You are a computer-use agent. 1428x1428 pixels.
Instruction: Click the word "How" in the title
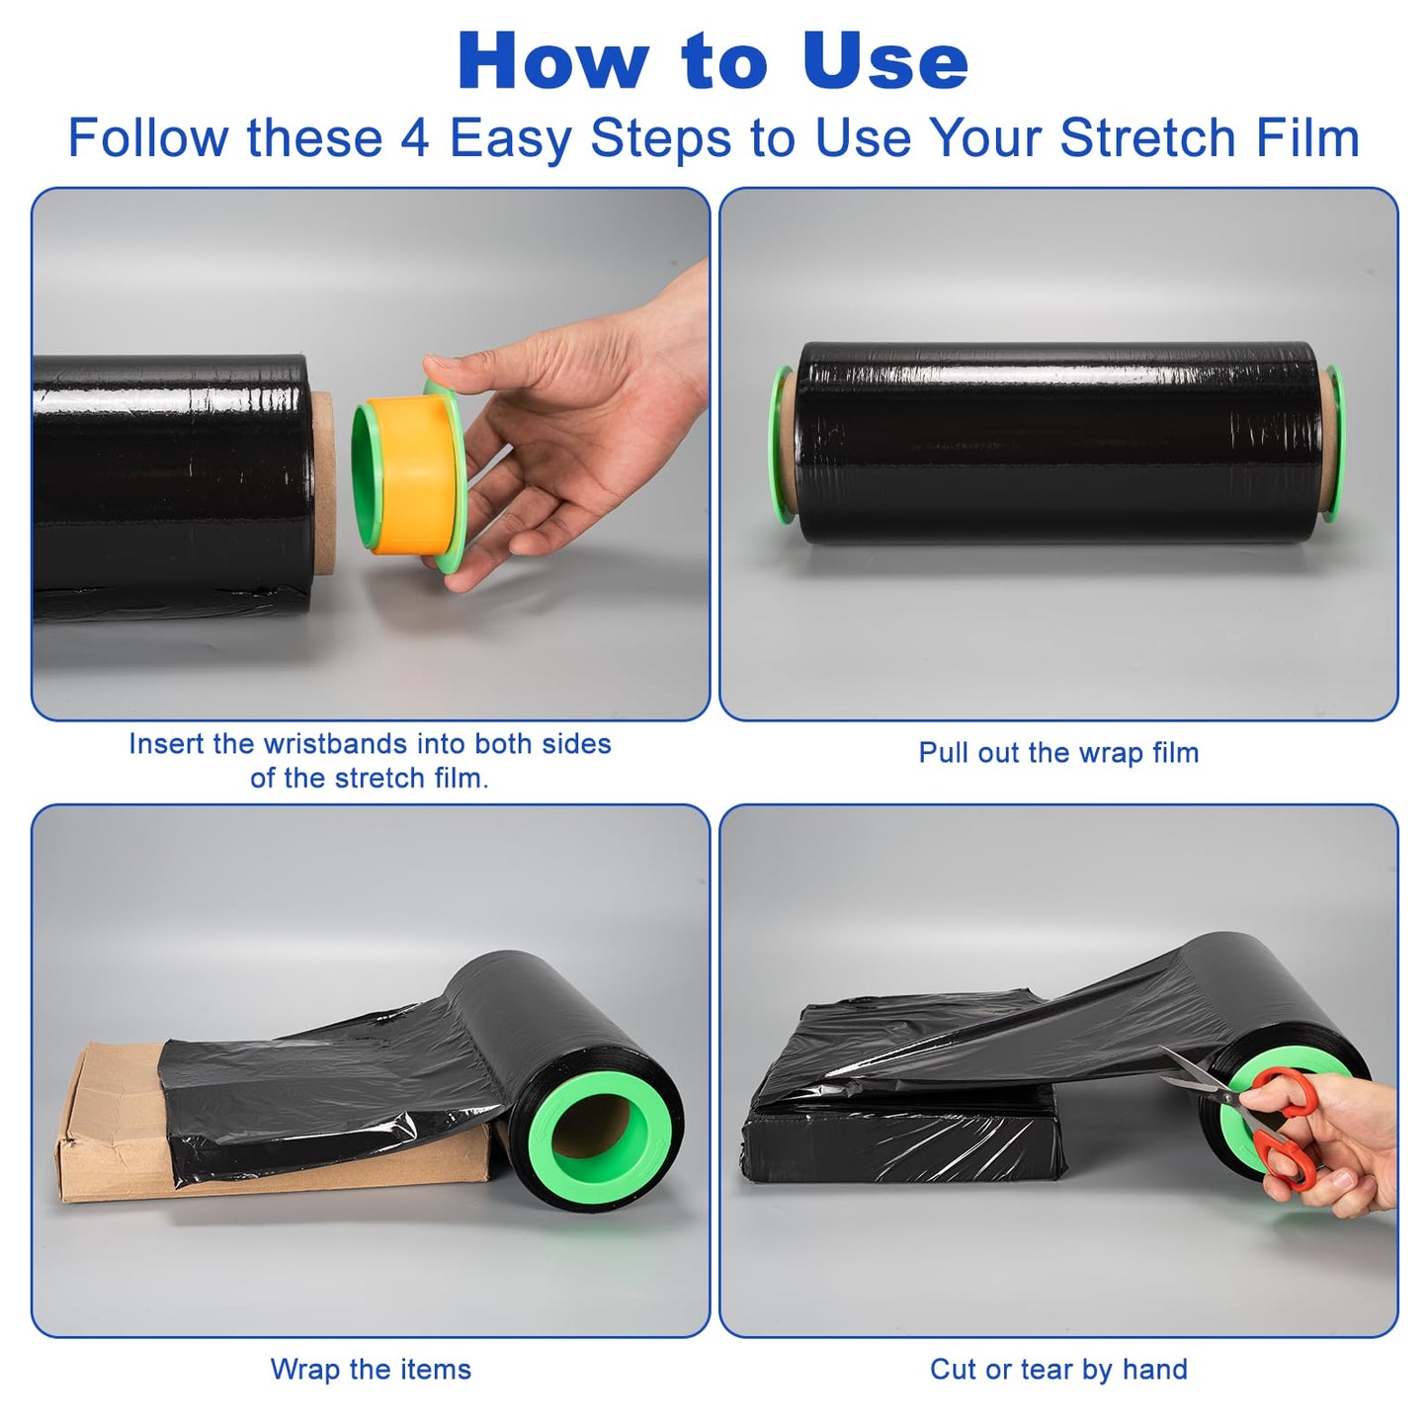tap(553, 61)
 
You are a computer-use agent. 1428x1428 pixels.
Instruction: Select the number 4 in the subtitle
tap(415, 138)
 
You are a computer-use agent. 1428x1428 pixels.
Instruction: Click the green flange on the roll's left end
tap(781, 444)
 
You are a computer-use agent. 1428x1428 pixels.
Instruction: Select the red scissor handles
tap(1279, 1129)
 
